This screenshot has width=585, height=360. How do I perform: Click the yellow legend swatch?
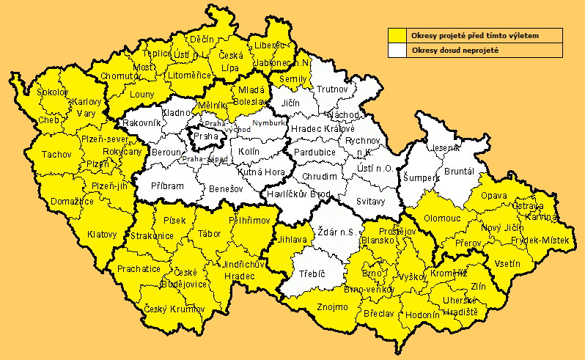point(398,35)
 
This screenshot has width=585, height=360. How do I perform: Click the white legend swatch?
point(398,51)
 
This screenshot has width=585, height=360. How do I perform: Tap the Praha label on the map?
point(205,136)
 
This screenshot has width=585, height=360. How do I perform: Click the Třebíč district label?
point(312,273)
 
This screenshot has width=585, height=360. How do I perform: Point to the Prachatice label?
point(139,269)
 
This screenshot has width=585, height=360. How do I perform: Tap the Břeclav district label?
point(378,313)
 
